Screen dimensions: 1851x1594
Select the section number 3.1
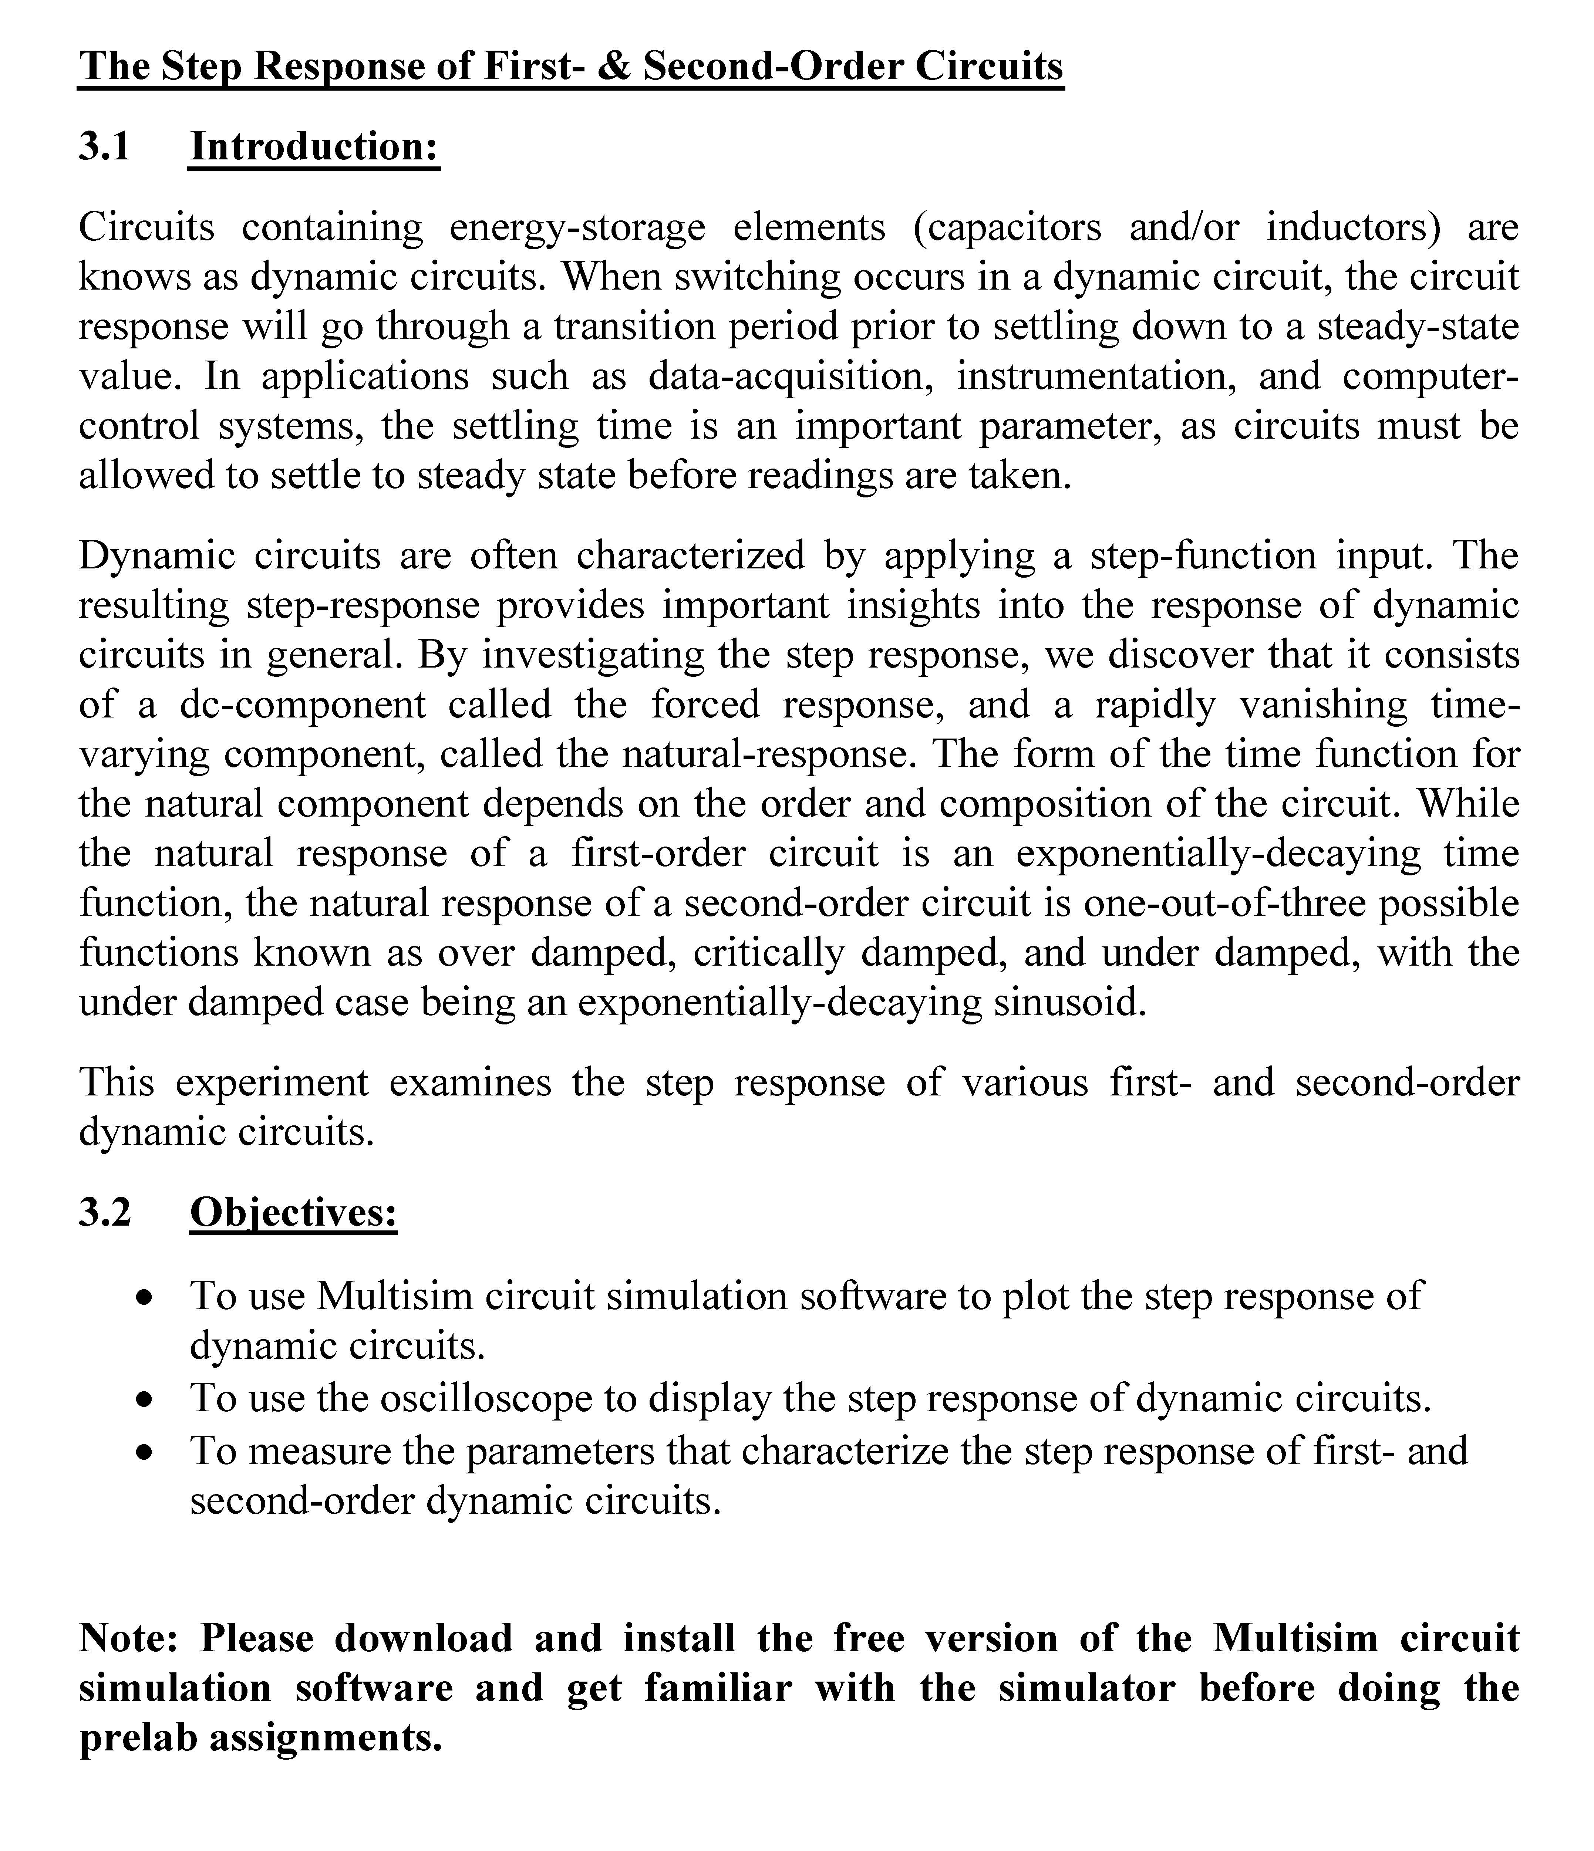coord(105,146)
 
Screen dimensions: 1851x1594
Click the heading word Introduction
coord(314,146)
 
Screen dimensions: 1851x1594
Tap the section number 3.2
coord(105,1212)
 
